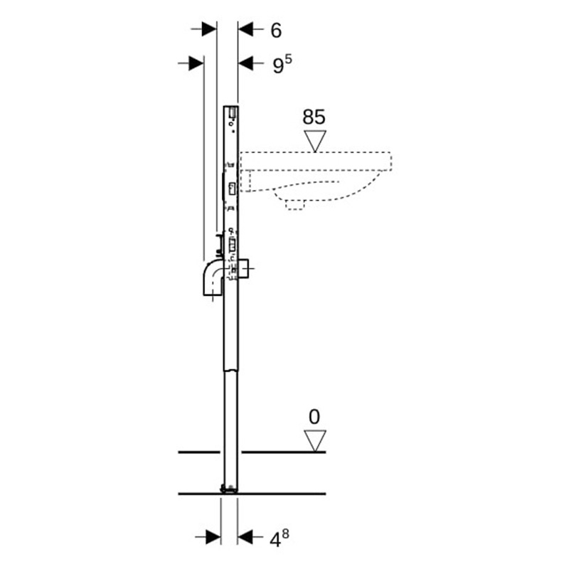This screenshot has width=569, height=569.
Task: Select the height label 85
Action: pyautogui.click(x=314, y=117)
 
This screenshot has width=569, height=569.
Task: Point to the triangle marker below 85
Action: pyautogui.click(x=314, y=140)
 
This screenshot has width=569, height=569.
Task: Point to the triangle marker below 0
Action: pyautogui.click(x=314, y=440)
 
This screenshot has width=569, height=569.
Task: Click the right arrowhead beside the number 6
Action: pyautogui.click(x=246, y=29)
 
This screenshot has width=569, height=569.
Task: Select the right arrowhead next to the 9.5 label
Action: pyautogui.click(x=246, y=63)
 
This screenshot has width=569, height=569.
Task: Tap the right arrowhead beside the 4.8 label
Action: pyautogui.click(x=246, y=536)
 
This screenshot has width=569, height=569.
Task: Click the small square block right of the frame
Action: pyautogui.click(x=245, y=269)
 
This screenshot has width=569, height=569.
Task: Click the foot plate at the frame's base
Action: pyautogui.click(x=229, y=489)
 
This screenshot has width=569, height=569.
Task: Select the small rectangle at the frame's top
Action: pyautogui.click(x=233, y=112)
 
